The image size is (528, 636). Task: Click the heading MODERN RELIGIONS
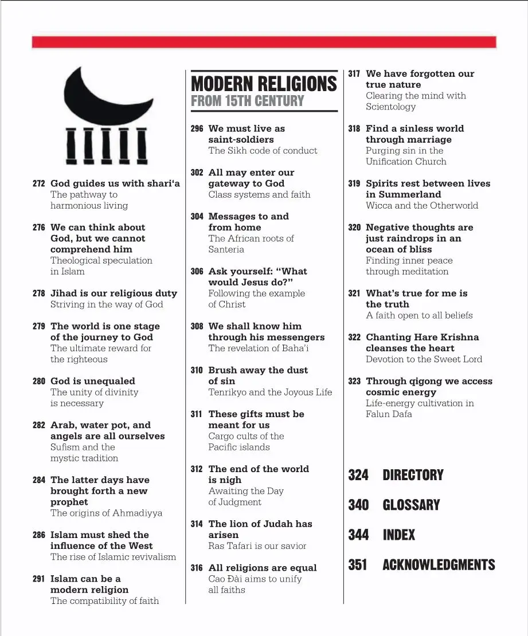264,84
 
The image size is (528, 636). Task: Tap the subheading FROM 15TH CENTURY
247,101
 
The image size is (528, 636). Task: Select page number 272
39,184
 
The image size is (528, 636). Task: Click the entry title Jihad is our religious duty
114,293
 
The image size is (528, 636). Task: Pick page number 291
39,579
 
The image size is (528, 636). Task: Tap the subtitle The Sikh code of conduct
263,151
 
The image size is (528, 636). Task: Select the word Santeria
226,250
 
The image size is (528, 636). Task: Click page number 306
197,272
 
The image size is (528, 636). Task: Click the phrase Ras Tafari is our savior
257,546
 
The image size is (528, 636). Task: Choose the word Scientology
390,107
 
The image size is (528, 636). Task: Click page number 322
354,337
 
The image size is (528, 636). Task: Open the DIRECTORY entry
413,475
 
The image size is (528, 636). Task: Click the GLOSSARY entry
411,505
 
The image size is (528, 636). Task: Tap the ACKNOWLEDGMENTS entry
439,565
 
